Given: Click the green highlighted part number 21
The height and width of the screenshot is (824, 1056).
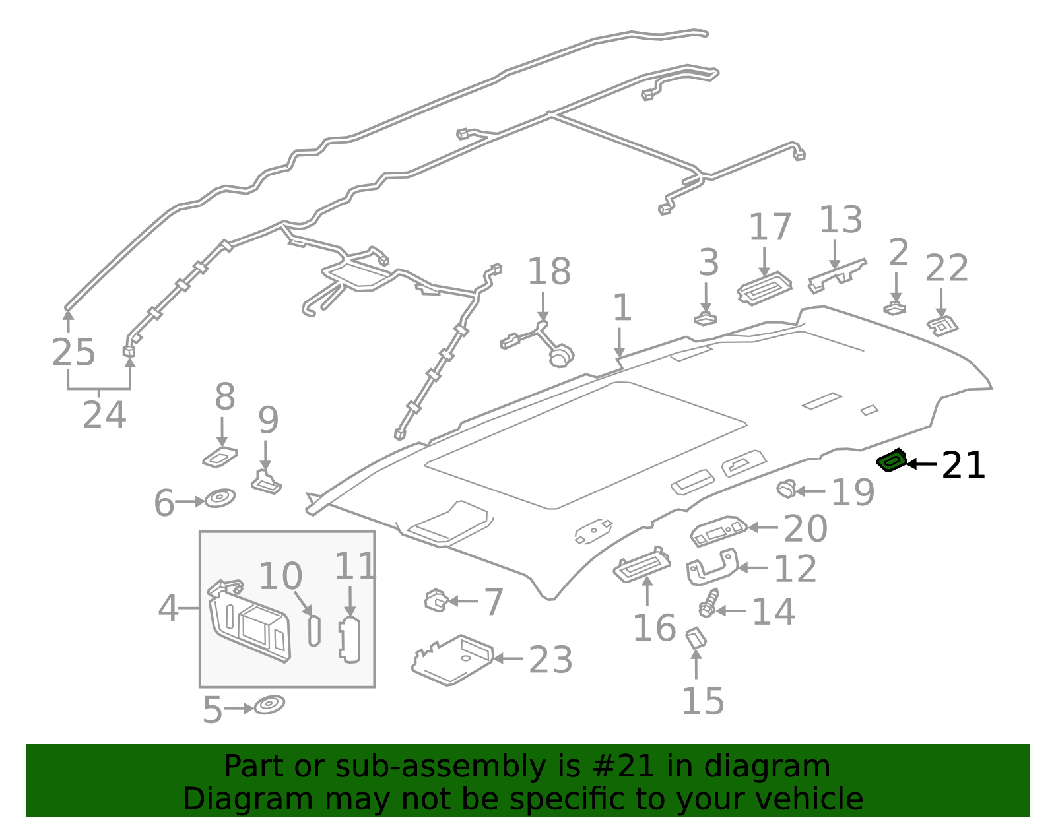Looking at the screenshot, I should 892,460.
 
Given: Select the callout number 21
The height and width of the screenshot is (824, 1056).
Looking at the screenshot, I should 963,465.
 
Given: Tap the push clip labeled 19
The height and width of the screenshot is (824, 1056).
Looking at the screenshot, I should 786,490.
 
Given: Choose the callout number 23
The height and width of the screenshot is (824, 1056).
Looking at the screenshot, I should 550,659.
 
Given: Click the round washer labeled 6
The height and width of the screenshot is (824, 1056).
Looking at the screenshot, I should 220,498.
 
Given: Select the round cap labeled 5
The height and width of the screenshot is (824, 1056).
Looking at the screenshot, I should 269,705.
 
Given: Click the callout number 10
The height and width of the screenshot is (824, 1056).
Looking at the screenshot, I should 280,576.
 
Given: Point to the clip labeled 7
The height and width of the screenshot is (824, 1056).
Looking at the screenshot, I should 436,600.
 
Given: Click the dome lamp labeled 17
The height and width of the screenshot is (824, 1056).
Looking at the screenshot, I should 764,288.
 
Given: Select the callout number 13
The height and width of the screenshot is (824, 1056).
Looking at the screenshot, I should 840,220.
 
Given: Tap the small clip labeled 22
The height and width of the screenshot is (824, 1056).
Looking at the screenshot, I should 942,325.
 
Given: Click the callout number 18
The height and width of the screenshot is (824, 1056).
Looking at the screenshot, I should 548,271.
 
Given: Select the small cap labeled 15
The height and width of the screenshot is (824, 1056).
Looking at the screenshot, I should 696,638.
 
